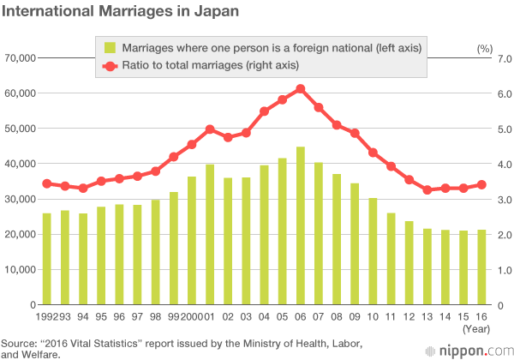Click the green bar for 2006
301,225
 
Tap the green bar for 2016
481,267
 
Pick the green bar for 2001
210,234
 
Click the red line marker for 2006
301,88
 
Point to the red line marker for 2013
427,189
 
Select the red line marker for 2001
210,129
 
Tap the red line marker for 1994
83,188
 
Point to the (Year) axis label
477,328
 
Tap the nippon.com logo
473,350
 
